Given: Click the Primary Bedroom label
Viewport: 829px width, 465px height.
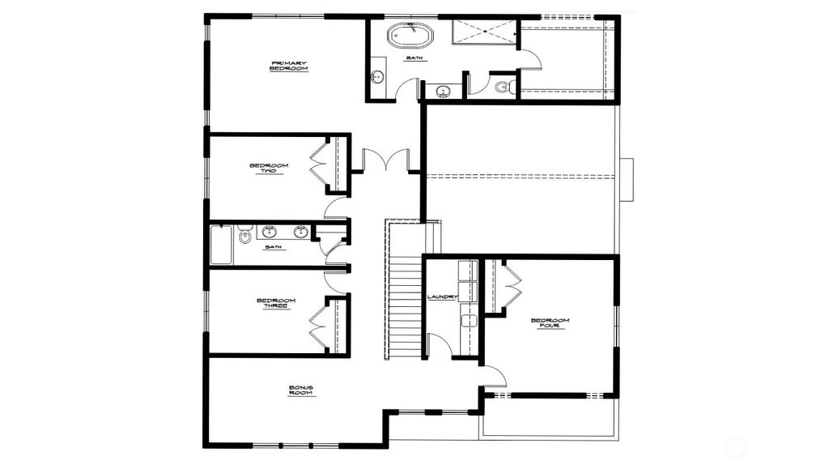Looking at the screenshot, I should click(x=289, y=66).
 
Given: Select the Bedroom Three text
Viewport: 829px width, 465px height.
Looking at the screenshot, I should click(x=275, y=303).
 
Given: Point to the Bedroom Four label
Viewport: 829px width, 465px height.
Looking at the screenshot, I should click(x=550, y=323).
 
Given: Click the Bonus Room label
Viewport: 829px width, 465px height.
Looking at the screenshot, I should click(x=301, y=390).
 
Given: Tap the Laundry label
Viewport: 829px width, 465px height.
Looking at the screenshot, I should click(x=442, y=297).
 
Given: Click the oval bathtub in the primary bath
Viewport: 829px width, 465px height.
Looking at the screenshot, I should click(x=410, y=36).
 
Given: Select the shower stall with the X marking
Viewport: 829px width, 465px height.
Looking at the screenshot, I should click(x=484, y=32).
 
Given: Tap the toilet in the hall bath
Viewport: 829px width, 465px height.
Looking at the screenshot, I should click(x=245, y=236).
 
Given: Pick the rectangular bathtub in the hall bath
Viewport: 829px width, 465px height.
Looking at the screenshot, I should click(x=221, y=245).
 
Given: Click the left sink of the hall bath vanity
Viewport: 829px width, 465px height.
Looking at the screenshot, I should click(x=269, y=232).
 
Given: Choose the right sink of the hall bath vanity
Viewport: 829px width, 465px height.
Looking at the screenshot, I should click(x=300, y=232).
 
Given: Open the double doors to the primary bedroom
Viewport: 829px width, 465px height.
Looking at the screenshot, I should click(x=386, y=160).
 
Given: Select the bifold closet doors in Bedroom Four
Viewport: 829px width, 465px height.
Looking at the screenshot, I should click(x=512, y=287).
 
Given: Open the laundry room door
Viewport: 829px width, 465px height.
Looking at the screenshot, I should click(x=438, y=344).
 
